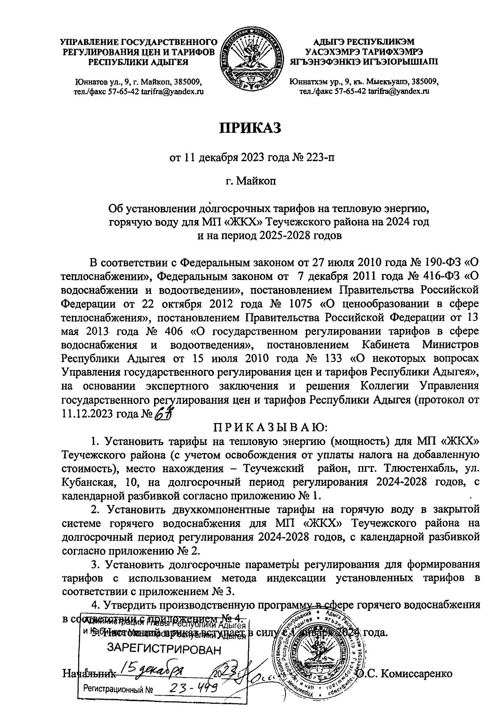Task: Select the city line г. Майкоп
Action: coord(251,181)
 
